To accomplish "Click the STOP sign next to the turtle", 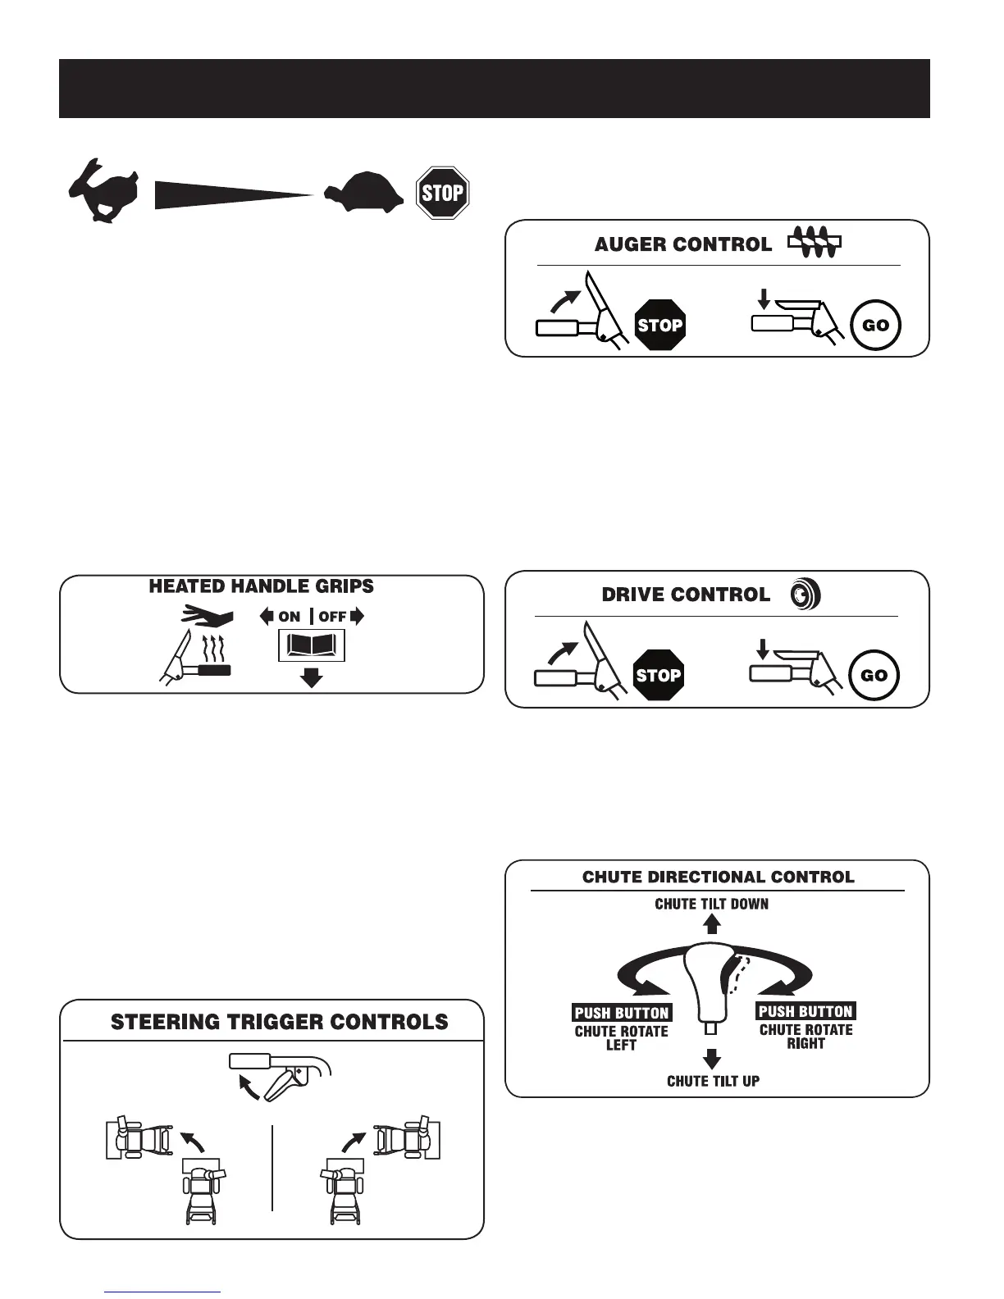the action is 442,193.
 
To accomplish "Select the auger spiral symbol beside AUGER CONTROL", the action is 815,244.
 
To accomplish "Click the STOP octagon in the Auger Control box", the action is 659,325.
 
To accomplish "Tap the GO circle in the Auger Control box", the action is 875,325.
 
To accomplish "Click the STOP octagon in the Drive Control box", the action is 659,675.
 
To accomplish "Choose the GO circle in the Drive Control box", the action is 874,675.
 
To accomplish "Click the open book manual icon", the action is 312,646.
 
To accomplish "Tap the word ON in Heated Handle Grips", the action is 290,617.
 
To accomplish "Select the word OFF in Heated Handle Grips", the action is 332,617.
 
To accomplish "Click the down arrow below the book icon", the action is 312,677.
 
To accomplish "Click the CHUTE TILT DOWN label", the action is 711,904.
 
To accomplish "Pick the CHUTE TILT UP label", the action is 713,1081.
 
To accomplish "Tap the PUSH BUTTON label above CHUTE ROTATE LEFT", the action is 622,1013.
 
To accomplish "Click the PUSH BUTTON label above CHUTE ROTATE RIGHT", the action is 805,1011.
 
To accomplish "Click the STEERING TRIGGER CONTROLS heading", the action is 279,1022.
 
